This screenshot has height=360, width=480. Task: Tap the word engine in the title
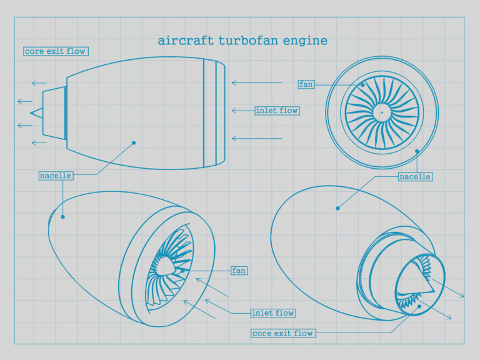pos(306,41)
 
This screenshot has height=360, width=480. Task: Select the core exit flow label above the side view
pos(55,51)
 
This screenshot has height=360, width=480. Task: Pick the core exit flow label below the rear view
pos(282,333)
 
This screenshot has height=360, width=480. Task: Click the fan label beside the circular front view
pos(306,84)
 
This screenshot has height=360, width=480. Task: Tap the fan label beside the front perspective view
pos(239,271)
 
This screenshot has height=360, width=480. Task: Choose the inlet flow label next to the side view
pos(277,111)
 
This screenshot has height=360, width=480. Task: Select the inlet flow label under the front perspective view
pos(272,312)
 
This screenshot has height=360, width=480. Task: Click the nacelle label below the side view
pos(55,176)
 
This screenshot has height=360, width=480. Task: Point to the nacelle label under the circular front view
pos(415,177)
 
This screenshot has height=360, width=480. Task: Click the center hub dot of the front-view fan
pos(381,112)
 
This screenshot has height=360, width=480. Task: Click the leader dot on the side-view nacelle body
pos(134,142)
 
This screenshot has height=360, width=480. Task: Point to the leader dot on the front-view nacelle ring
pos(417,151)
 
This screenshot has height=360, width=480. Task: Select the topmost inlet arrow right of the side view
pos(256,82)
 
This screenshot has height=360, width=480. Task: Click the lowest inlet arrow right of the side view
pos(256,138)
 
